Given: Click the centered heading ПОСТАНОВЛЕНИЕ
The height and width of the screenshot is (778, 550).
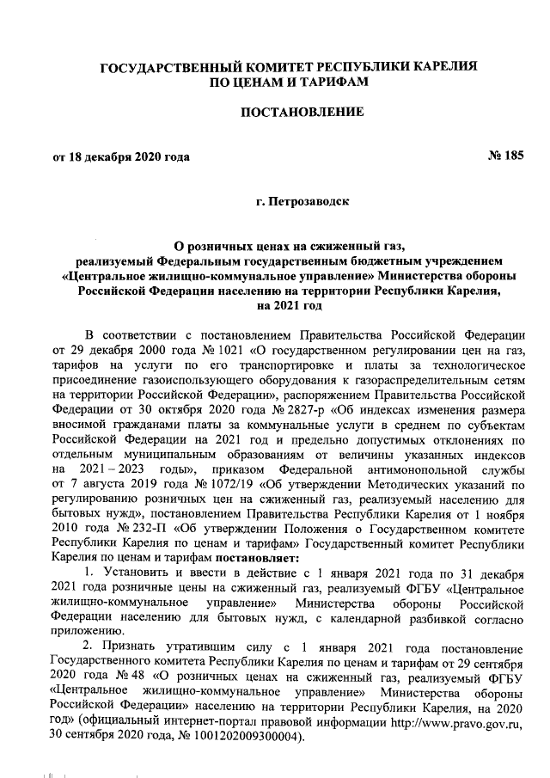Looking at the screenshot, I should (x=301, y=112).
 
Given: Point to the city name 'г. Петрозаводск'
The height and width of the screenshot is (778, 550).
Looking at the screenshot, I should (x=301, y=202).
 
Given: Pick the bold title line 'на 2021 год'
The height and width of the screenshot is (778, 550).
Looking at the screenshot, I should (x=300, y=305).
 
